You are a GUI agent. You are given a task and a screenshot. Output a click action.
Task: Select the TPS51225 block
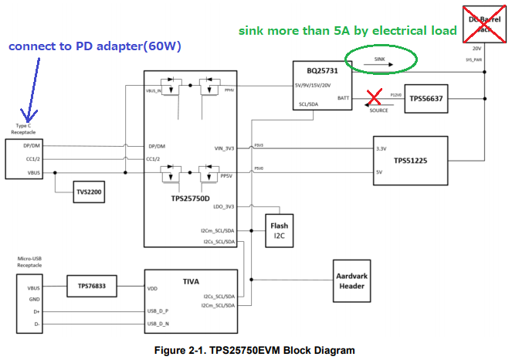[410, 159]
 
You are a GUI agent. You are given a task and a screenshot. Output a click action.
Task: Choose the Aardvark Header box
[351, 280]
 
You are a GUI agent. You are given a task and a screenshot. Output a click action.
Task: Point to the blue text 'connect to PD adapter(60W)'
[94, 47]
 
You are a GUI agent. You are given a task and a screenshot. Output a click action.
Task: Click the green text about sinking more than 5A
[347, 32]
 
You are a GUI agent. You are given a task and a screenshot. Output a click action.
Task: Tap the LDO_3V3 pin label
[223, 206]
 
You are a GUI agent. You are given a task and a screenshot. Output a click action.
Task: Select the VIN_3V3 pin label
[222, 146]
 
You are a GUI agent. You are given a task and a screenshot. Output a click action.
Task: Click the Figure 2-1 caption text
[255, 350]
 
